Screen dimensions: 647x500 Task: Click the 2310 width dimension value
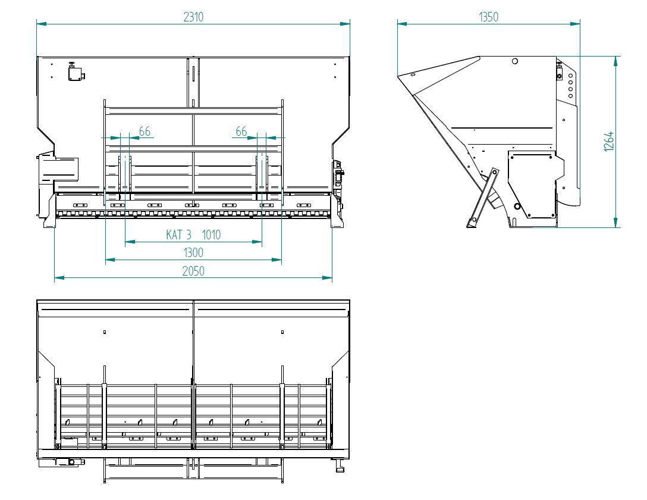tap(193, 17)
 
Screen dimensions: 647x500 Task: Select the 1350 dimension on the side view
tap(489, 17)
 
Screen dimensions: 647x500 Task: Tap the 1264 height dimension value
tap(609, 142)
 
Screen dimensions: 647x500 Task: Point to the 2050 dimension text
tap(193, 271)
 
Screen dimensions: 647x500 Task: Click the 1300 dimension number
tap(193, 253)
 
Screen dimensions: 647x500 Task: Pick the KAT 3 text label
tap(178, 235)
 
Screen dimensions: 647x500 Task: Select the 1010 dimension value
tap(211, 235)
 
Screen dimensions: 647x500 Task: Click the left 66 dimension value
tap(145, 132)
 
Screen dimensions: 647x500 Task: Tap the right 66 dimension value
tap(241, 132)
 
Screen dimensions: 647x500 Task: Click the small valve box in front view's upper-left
tap(75, 73)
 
